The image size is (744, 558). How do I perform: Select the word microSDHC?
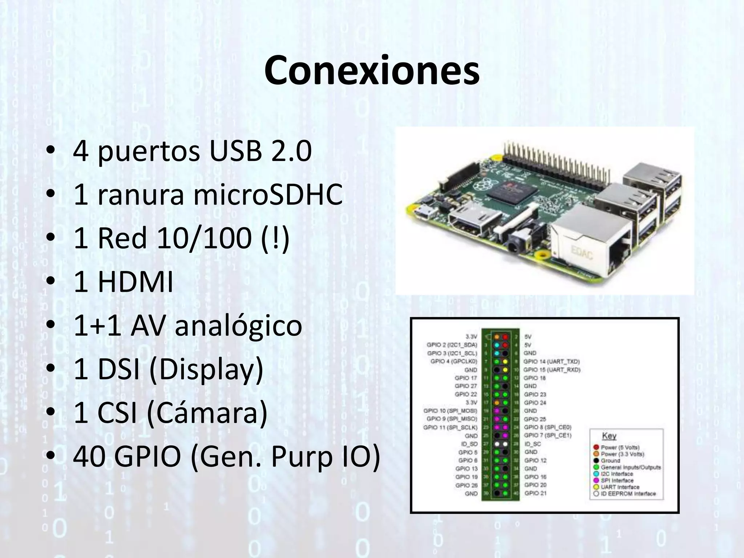(x=268, y=194)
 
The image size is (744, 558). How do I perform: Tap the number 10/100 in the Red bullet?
(x=204, y=238)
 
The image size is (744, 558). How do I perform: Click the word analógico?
(x=238, y=325)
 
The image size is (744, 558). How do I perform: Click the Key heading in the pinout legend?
(x=609, y=436)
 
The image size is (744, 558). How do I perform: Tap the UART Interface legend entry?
(x=620, y=487)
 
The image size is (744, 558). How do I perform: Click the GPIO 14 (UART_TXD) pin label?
(x=551, y=361)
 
